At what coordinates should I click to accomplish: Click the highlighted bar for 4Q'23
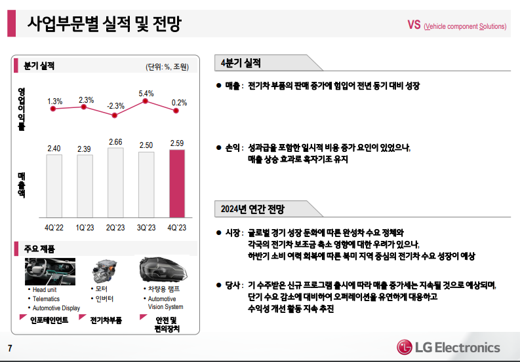click(176, 184)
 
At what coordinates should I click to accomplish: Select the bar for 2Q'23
click(115, 183)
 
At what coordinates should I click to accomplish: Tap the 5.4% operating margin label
click(146, 94)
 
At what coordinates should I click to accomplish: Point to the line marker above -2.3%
click(115, 115)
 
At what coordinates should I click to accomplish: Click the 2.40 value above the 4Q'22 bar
click(54, 149)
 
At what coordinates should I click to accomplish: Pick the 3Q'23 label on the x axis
click(146, 227)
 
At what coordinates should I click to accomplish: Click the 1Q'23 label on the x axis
click(85, 227)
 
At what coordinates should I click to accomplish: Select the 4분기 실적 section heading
click(241, 63)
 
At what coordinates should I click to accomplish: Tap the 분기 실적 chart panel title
click(39, 66)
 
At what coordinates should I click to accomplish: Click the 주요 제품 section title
click(40, 249)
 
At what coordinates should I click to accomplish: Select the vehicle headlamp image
click(162, 270)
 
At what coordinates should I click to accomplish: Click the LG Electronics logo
click(448, 347)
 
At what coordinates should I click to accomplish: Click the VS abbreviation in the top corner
click(414, 26)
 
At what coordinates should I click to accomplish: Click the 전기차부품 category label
click(106, 320)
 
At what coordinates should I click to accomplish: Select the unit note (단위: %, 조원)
click(167, 67)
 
